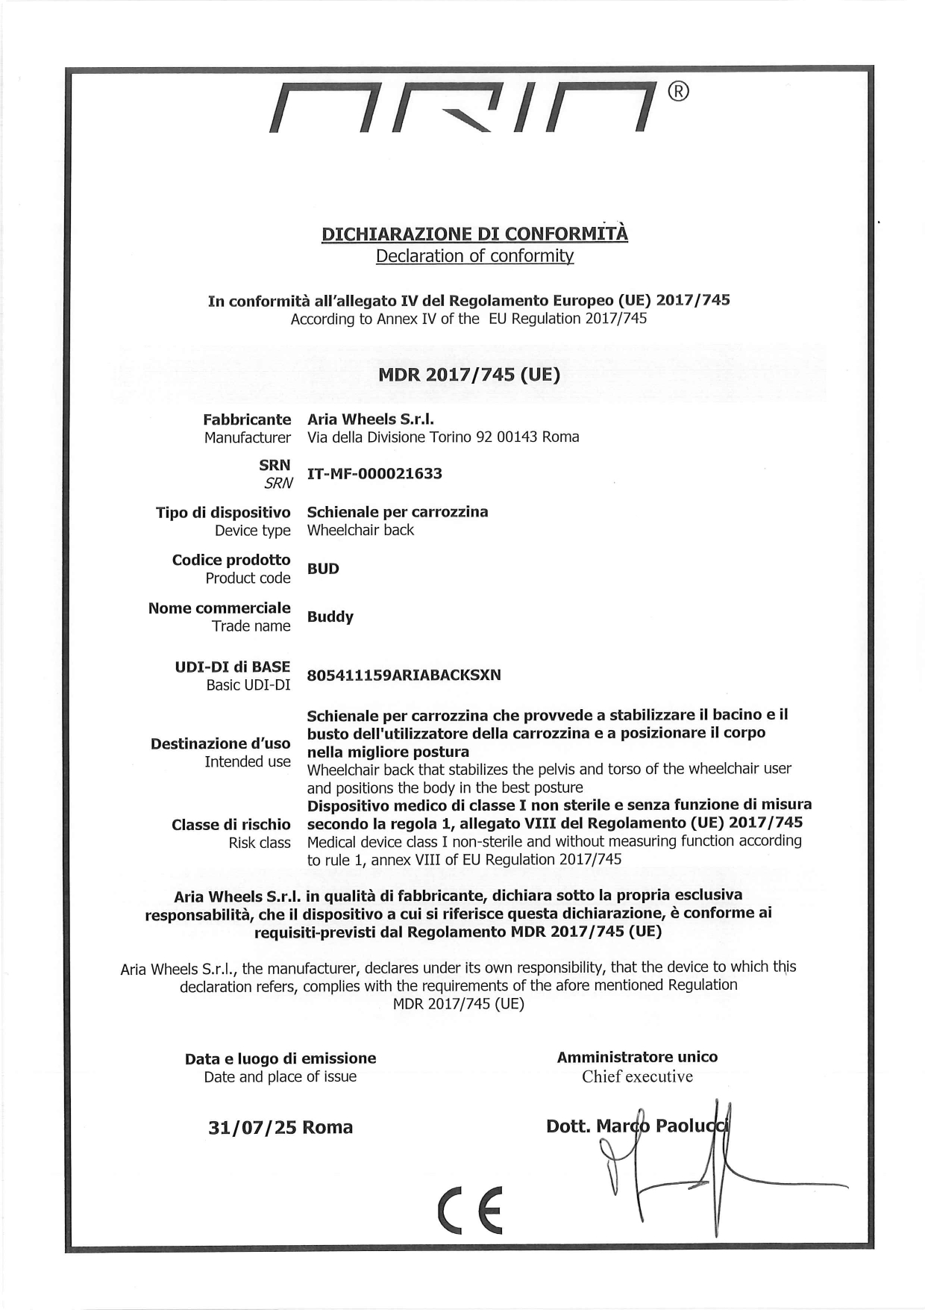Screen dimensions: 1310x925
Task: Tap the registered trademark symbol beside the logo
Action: pos(677,91)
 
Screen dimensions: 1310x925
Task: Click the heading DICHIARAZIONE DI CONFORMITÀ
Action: pos(474,234)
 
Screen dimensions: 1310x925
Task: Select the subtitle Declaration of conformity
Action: pos(474,256)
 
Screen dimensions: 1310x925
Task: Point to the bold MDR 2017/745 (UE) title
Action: pos(469,374)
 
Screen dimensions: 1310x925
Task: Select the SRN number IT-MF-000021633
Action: pos(374,473)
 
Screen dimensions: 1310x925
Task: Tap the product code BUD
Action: pos(323,569)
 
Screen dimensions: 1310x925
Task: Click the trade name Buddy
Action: pos(330,617)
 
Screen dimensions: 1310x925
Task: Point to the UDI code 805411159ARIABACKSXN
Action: pos(404,675)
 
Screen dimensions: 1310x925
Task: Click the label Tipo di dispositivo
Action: pos(223,512)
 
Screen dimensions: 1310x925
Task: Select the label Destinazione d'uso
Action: pos(221,743)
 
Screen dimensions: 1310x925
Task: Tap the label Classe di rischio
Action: pos(231,824)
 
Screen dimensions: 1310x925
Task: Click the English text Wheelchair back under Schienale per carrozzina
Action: pos(360,530)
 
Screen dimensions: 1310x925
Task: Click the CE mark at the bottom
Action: pos(471,1210)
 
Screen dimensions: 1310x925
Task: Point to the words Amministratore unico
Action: pos(637,1057)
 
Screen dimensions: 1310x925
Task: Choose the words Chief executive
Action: pos(637,1076)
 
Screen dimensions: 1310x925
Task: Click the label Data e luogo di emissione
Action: pos(280,1058)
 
